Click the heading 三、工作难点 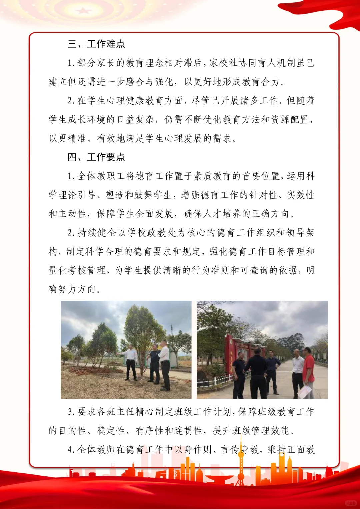coord(96,44)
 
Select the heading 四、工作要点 coord(96,157)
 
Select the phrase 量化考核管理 coord(77,270)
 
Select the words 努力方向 coord(77,289)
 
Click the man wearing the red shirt coord(308,368)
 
